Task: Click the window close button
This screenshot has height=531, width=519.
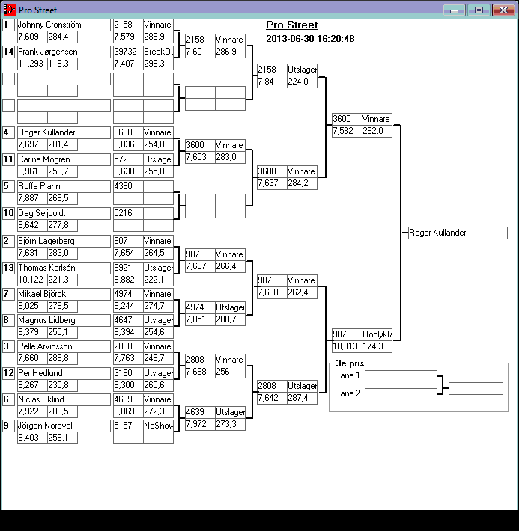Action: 503,10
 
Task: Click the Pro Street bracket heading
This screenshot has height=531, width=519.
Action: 291,25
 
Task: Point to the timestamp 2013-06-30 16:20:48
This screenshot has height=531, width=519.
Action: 310,39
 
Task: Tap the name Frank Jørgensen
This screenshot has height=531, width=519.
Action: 48,52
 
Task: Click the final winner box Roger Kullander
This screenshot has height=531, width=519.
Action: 458,233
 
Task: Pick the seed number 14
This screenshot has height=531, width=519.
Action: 9,52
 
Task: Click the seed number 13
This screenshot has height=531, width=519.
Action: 9,268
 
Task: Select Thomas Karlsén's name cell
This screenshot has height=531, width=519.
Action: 47,268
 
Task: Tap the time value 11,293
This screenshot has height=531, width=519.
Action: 31,64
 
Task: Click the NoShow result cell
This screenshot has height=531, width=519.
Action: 158,426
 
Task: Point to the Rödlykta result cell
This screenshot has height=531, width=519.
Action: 377,334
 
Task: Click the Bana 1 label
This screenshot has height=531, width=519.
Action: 347,375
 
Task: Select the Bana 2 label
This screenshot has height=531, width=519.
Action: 347,393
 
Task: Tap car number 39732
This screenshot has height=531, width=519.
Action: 127,52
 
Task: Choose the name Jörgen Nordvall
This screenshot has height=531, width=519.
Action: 47,426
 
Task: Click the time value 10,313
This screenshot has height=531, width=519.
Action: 345,346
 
